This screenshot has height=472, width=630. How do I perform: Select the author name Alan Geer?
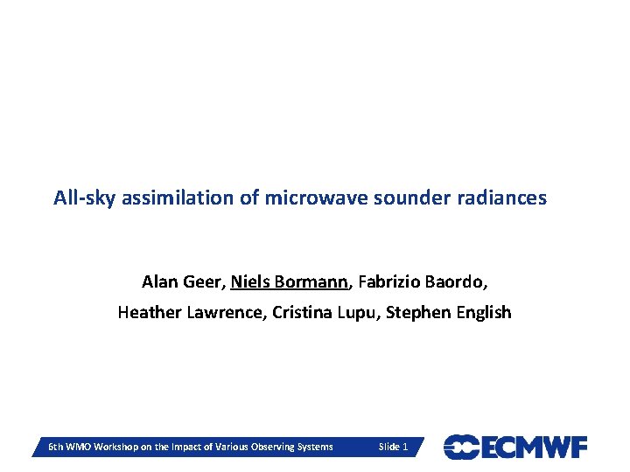182,282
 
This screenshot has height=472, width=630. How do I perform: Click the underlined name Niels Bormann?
290,282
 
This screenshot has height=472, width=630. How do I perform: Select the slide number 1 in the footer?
404,448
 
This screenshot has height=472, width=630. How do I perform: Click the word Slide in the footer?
388,448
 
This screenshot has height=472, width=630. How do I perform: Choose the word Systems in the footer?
314,448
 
